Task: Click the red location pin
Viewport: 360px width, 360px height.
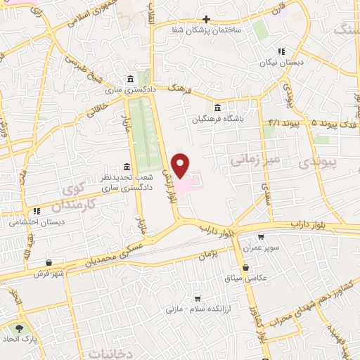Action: [181, 165]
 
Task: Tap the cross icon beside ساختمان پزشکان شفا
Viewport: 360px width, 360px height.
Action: [205, 19]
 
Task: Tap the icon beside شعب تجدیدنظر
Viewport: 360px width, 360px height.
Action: [126, 167]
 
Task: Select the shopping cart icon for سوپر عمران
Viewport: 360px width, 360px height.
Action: [261, 238]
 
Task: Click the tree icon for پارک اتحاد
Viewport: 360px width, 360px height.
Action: [19, 328]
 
